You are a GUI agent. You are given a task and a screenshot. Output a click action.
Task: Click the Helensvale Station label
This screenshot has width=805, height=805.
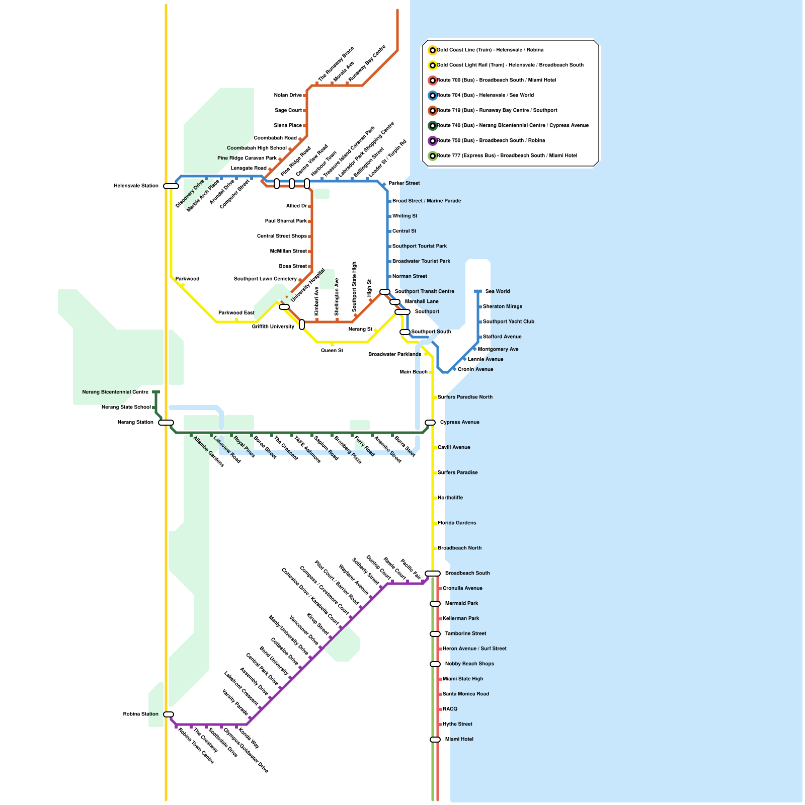coord(136,186)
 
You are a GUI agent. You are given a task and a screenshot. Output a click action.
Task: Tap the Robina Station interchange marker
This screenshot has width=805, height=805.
coord(169,714)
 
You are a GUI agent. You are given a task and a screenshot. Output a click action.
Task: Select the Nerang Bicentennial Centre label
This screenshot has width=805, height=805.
coord(115,392)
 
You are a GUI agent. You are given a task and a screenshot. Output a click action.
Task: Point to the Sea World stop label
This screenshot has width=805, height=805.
coord(498,292)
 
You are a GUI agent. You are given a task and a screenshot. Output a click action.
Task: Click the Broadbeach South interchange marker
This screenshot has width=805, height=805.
coord(433,574)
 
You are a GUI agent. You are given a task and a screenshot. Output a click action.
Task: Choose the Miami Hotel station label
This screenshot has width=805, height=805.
coord(459,740)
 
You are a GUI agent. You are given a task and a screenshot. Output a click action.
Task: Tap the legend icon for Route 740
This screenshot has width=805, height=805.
coord(432,126)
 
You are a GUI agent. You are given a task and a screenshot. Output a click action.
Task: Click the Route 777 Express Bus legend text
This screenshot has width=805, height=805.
coord(507,156)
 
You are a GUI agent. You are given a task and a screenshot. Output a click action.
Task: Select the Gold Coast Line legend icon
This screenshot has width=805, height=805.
coord(432,50)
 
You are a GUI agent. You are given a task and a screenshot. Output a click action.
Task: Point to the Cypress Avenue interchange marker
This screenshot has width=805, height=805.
coord(430,423)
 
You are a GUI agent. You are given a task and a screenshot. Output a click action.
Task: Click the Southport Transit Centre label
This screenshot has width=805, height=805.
coord(424,292)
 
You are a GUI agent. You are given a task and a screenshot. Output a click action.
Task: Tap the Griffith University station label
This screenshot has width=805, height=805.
coord(273,327)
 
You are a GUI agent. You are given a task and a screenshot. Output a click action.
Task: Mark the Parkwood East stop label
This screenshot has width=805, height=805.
coord(236,313)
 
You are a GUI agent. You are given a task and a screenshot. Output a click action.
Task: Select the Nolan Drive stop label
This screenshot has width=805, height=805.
coord(288,96)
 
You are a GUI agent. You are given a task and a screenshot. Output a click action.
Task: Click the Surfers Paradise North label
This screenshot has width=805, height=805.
coord(465,397)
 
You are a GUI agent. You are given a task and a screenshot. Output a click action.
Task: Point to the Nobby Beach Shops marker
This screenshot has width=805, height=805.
coord(435,664)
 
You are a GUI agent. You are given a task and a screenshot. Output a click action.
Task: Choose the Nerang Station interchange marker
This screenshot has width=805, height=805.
coord(166,423)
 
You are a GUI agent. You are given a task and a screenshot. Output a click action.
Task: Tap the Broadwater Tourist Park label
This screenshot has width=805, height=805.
coord(421,262)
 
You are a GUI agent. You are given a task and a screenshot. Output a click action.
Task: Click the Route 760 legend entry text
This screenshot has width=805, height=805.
coord(491,141)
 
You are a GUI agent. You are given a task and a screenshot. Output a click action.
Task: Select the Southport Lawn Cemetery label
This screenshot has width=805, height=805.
coord(265,279)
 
